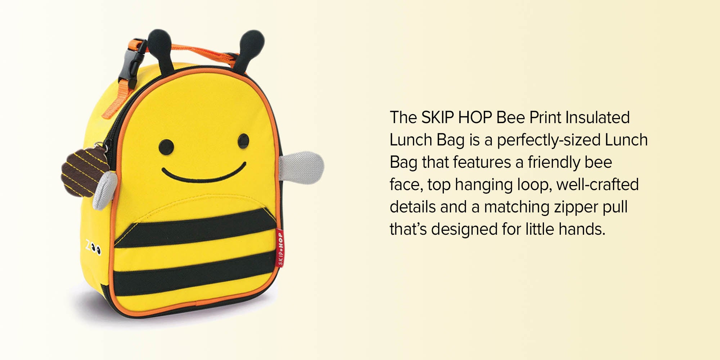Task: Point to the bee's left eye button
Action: [166, 147]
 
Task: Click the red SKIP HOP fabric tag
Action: [280, 248]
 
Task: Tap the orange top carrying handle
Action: [202, 50]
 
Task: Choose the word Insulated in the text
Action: [598, 117]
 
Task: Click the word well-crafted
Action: [597, 184]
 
